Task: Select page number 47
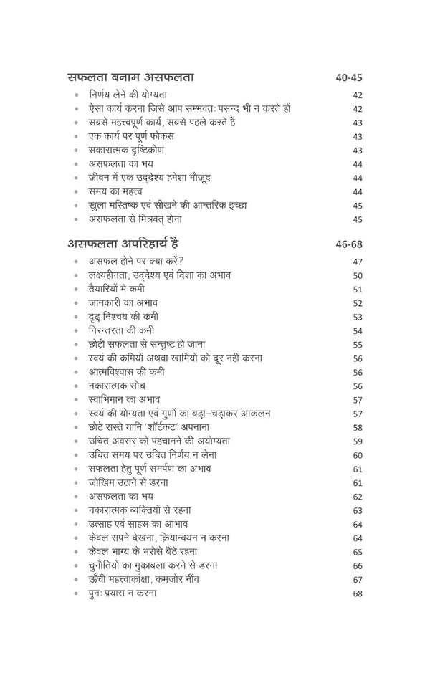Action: coord(358,262)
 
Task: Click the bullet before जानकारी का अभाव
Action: coord(75,303)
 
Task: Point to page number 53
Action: coord(358,317)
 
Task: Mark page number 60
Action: coord(358,455)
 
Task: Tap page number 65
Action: coord(358,552)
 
